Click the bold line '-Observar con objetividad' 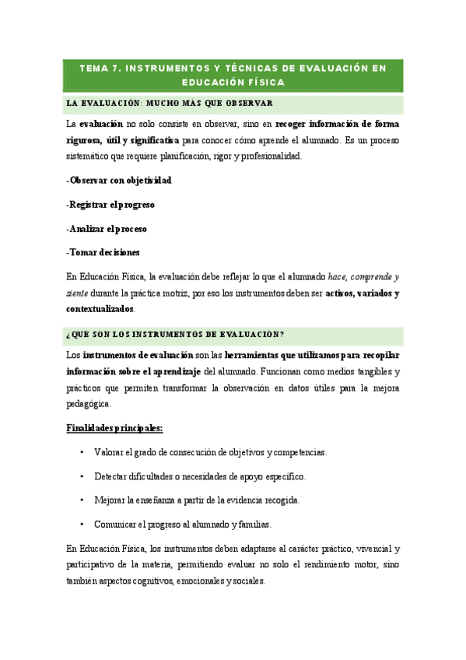(119, 180)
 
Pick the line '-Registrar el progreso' (110, 205)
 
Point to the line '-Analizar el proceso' (107, 229)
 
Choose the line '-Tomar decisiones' (103, 252)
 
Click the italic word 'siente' (76, 293)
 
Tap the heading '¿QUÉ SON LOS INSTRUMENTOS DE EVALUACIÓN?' (175, 335)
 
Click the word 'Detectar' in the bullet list (111, 476)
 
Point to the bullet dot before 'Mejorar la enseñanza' (82, 500)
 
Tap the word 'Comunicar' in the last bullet (114, 524)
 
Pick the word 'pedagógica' (89, 404)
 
